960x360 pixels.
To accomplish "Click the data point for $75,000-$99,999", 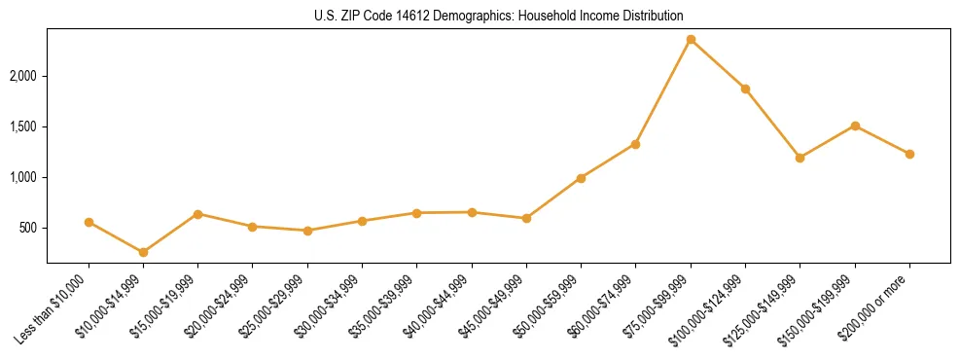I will pos(691,40).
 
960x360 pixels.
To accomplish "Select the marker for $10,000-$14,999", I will pos(144,253).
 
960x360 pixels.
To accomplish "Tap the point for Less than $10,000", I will pos(89,222).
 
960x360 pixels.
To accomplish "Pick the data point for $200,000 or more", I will pos(909,154).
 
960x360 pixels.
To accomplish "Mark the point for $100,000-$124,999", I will pos(745,89).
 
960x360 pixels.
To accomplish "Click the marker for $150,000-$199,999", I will pos(855,126).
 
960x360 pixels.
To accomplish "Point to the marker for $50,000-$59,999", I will pos(581,178).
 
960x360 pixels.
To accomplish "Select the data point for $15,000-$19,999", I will pos(198,214).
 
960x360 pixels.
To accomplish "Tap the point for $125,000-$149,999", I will pos(800,158).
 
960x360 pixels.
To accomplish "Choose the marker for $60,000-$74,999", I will pos(636,144).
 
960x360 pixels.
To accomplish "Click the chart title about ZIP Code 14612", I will pos(498,16).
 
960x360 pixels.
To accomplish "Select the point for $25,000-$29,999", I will pos(307,231).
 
